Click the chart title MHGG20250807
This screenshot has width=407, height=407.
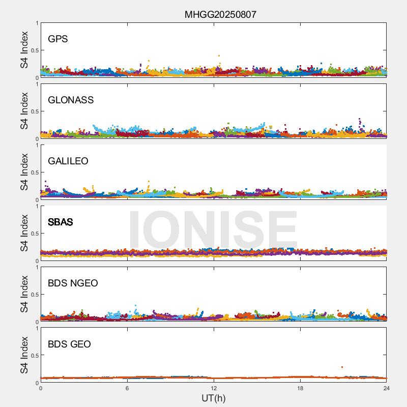pyautogui.click(x=220, y=15)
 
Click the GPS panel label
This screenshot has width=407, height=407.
pyautogui.click(x=57, y=39)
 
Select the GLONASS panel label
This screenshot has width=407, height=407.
pyautogui.click(x=71, y=100)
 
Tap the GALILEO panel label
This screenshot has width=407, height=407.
pyautogui.click(x=68, y=161)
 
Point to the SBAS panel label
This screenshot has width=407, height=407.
pyautogui.click(x=61, y=222)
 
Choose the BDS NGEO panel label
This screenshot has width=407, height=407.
pyautogui.click(x=73, y=283)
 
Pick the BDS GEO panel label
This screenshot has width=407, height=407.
pyautogui.click(x=69, y=344)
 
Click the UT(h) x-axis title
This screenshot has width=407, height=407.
pyautogui.click(x=213, y=398)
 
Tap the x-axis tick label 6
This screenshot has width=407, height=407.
pyautogui.click(x=127, y=388)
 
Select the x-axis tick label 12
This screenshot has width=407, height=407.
pyautogui.click(x=214, y=388)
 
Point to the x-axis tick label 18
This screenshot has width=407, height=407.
pyautogui.click(x=300, y=388)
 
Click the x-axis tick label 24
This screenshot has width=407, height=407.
pyautogui.click(x=387, y=388)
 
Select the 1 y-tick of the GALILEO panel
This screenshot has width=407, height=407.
pyautogui.click(x=37, y=145)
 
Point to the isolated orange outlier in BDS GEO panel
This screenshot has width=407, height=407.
pyautogui.click(x=342, y=367)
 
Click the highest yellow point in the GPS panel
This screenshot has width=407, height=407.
pyautogui.click(x=219, y=55)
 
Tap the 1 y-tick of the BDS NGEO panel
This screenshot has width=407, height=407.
pyautogui.click(x=37, y=267)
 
